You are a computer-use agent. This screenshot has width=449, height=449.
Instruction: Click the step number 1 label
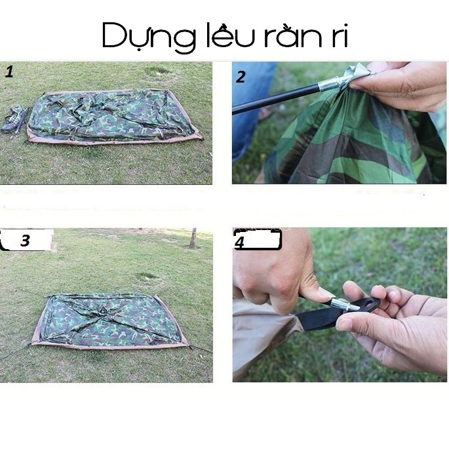pyautogui.click(x=9, y=71)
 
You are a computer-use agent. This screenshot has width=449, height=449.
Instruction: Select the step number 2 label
pyautogui.click(x=241, y=77)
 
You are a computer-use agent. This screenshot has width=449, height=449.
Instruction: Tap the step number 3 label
pyautogui.click(x=25, y=241)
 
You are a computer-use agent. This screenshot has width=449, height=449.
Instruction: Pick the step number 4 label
pyautogui.click(x=239, y=242)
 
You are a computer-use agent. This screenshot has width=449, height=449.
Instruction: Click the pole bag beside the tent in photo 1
pyautogui.click(x=15, y=119)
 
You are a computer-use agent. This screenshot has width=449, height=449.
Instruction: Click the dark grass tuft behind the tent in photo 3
pyautogui.click(x=148, y=277)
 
